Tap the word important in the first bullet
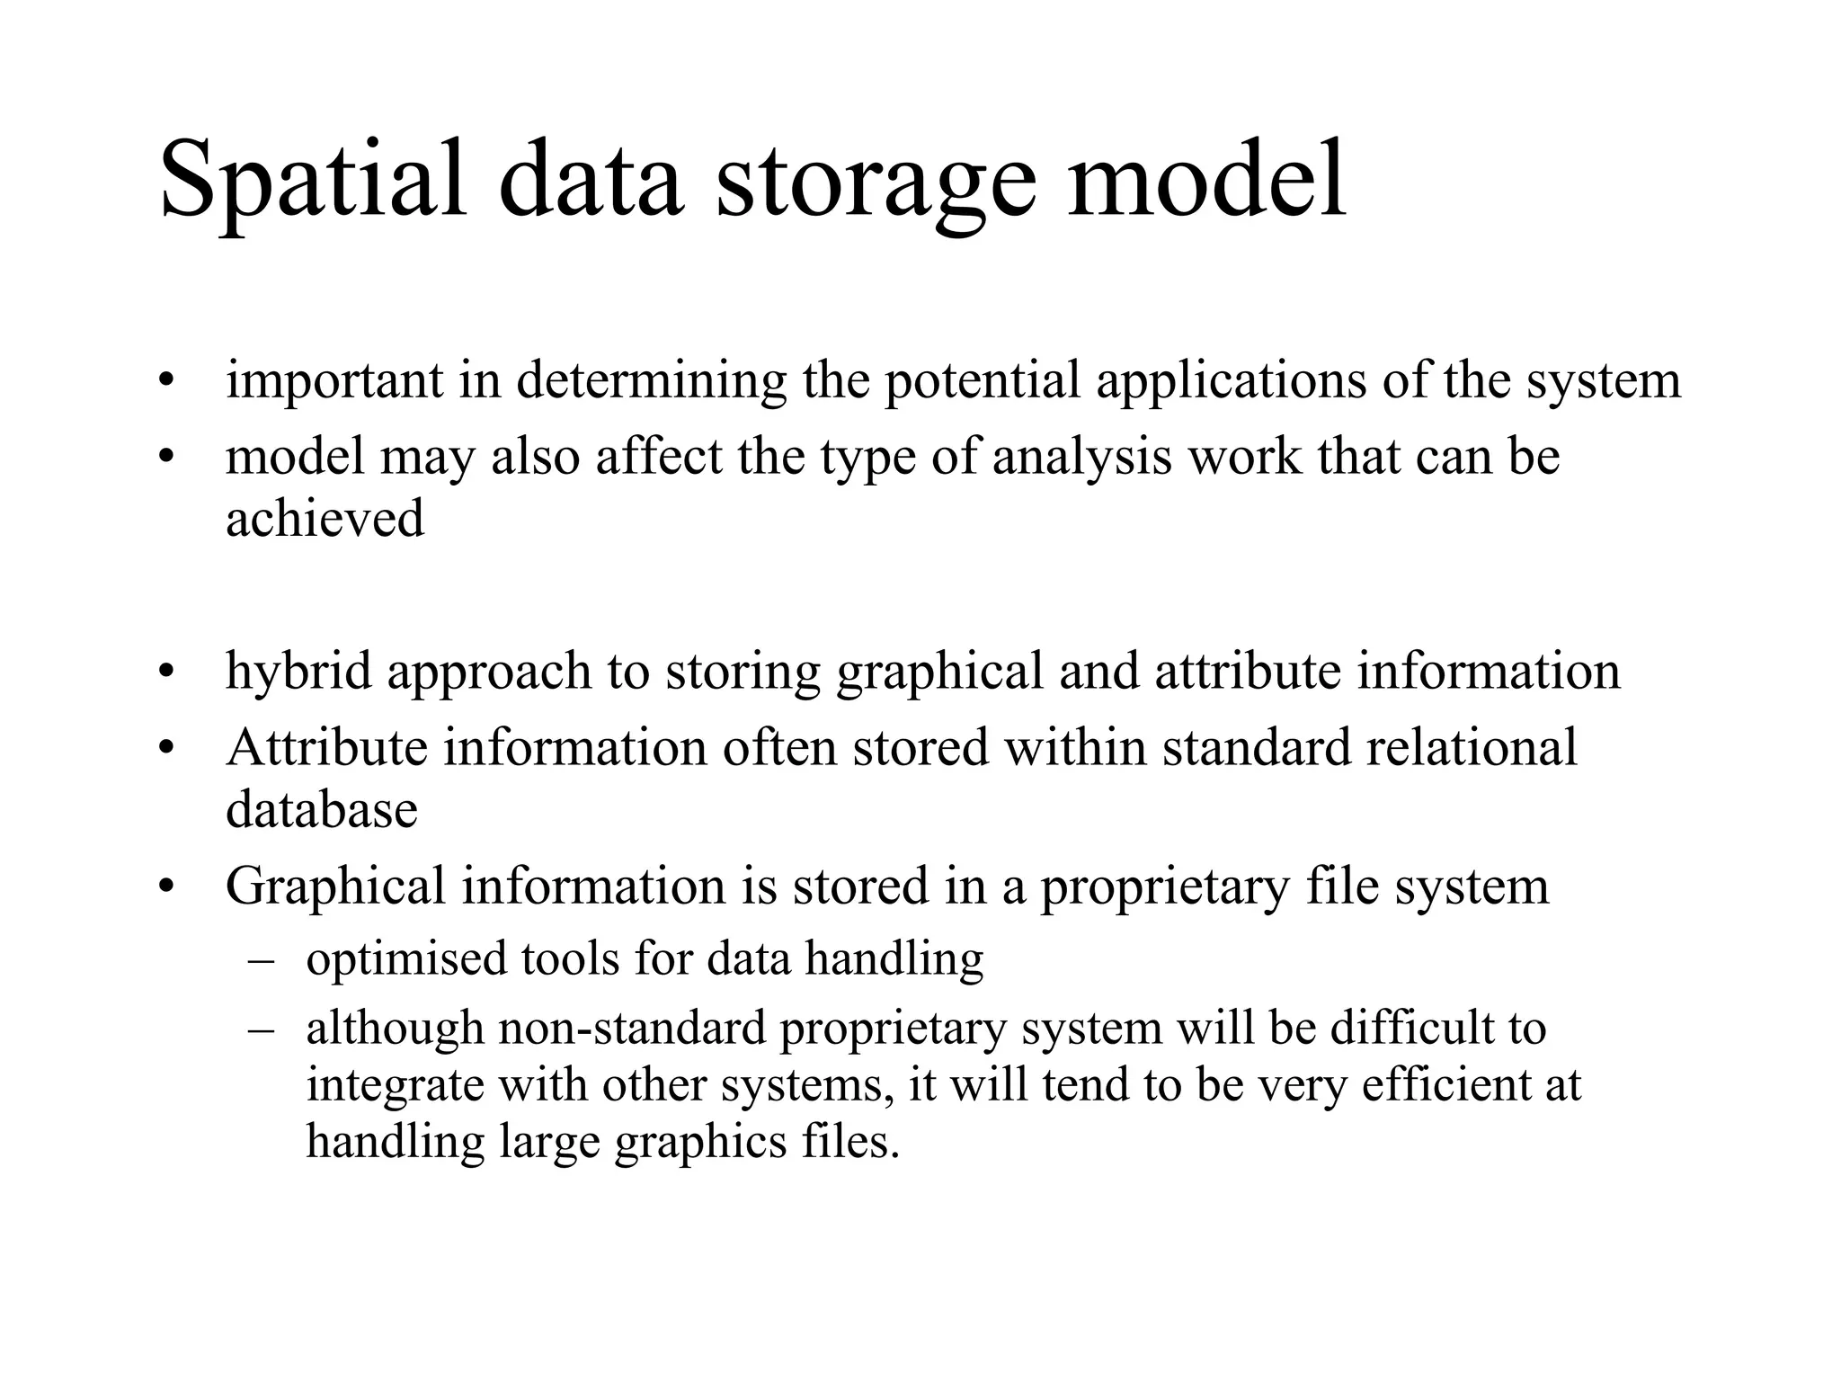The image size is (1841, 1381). point(334,380)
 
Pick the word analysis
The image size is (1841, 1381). point(1082,458)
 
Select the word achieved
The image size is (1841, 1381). point(325,519)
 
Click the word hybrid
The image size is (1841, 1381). point(298,672)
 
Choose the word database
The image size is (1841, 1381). point(322,809)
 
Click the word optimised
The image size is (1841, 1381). point(406,958)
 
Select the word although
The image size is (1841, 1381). point(395,1028)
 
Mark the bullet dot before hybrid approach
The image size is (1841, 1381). point(164,673)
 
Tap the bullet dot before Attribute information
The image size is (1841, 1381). point(164,749)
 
